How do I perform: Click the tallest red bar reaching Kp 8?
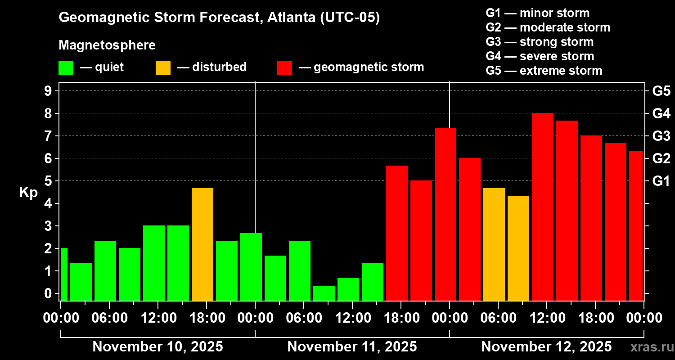(x=542, y=207)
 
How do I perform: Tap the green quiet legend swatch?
(x=66, y=67)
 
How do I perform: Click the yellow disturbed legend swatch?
(x=163, y=67)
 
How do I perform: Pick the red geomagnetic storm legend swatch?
(x=284, y=67)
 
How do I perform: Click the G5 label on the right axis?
(x=661, y=91)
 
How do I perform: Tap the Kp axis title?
(x=28, y=192)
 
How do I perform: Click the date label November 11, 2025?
(x=352, y=347)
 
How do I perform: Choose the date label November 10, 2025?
(x=157, y=347)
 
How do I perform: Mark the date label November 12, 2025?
(x=546, y=347)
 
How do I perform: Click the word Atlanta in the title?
(x=291, y=18)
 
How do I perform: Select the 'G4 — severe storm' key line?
(x=540, y=56)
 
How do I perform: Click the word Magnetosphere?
(x=107, y=45)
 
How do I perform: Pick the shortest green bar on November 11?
(x=324, y=293)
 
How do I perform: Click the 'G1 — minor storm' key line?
(x=537, y=13)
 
